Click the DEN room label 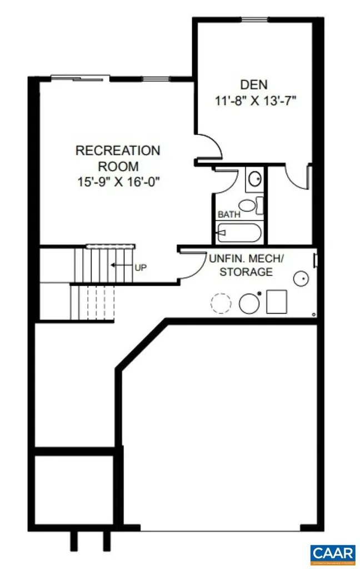click(x=254, y=85)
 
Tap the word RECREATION click(x=118, y=151)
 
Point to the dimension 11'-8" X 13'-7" click(x=254, y=102)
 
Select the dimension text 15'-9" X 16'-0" click(x=118, y=181)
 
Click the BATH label click(x=228, y=214)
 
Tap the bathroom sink click(x=255, y=179)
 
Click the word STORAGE click(x=246, y=272)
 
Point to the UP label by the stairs click(x=141, y=266)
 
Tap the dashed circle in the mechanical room click(x=220, y=303)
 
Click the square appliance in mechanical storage click(x=276, y=302)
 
